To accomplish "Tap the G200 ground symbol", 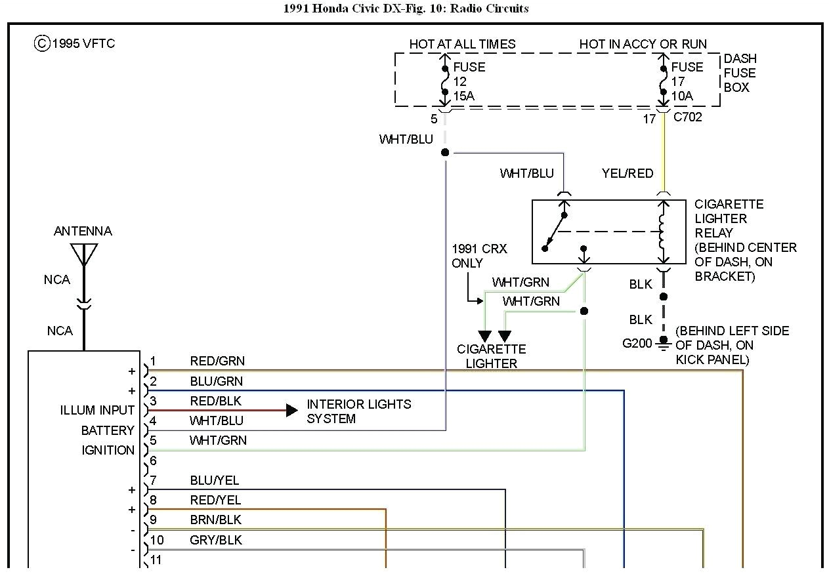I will click(664, 342).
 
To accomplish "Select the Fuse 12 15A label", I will click(469, 81).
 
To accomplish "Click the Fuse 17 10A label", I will click(687, 81).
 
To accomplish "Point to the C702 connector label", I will click(687, 117).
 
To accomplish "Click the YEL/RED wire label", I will click(627, 173).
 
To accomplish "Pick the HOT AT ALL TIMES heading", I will click(462, 44).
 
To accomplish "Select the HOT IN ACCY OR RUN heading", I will click(643, 44).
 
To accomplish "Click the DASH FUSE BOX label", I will click(740, 73).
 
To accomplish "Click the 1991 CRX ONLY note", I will click(479, 256).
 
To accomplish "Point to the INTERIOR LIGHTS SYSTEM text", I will click(358, 411).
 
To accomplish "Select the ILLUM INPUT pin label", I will click(97, 410).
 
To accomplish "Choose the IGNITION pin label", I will click(108, 450).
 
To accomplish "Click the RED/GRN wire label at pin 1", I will click(217, 361).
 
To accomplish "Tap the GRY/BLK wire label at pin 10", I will click(215, 540).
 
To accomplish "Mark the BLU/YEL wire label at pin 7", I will click(215, 481).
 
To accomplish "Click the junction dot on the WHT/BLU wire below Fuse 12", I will click(445, 152).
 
